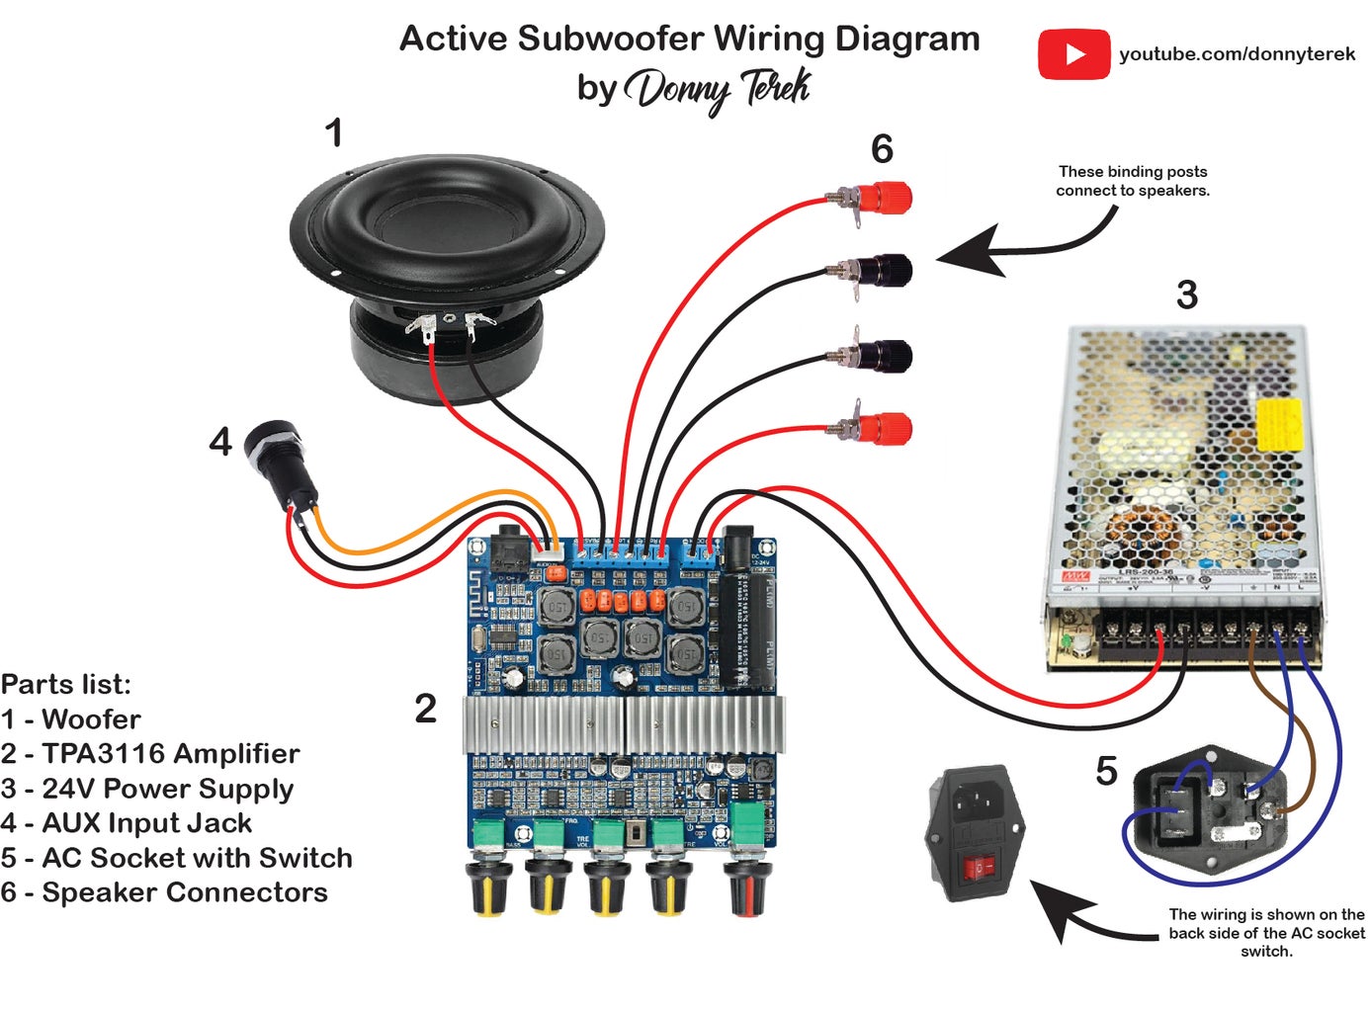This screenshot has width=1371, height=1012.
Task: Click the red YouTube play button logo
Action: click(x=1073, y=54)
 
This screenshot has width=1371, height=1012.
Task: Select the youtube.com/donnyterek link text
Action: click(x=1237, y=54)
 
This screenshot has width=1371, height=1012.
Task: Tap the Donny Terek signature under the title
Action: click(x=719, y=90)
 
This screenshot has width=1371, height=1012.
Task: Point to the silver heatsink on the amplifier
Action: click(x=624, y=724)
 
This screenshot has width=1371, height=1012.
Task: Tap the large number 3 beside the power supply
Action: click(x=1186, y=295)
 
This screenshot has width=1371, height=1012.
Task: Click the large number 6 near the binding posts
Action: click(x=882, y=149)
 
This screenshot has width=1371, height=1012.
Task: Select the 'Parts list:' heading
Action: click(x=66, y=684)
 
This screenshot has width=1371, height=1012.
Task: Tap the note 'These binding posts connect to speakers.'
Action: click(x=1133, y=181)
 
